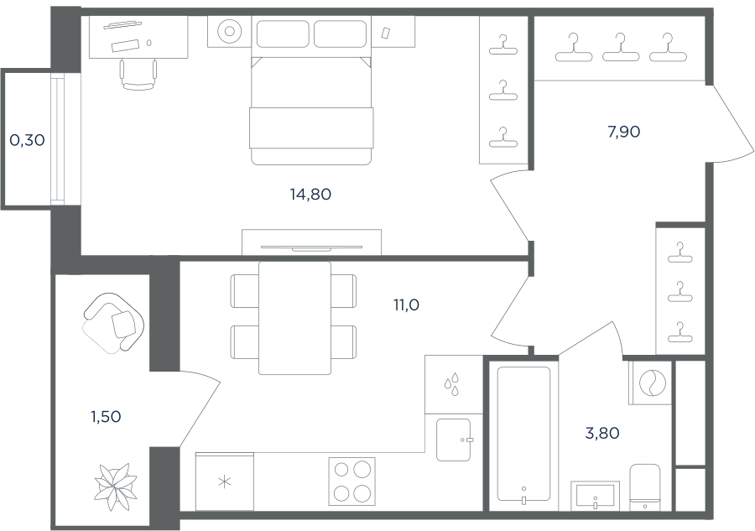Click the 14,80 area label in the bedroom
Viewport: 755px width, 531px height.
tap(310, 195)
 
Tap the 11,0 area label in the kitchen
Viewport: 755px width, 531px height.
tap(406, 305)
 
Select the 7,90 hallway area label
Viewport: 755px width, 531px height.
tap(624, 132)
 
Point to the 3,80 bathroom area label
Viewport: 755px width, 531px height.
tap(601, 434)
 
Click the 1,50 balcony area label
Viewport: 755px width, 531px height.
tap(106, 417)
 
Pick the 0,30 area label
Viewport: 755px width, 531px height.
tap(27, 141)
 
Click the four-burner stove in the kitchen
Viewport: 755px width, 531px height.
tap(352, 481)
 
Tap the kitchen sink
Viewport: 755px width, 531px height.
tap(454, 440)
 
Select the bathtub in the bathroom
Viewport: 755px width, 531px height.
tap(523, 435)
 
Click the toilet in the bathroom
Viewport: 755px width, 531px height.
tap(645, 487)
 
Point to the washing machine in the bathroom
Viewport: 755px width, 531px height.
tap(650, 383)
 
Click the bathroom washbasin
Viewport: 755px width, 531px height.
tap(596, 496)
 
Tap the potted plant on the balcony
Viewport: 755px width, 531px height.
tap(115, 487)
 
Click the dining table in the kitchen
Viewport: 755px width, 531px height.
tap(294, 318)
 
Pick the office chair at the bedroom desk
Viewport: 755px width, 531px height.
tap(138, 75)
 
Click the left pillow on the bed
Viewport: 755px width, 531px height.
tap(283, 34)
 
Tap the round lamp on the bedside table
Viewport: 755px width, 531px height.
tap(229, 31)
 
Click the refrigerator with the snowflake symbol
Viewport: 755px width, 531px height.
tap(224, 482)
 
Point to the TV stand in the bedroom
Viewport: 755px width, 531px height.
tap(311, 242)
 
